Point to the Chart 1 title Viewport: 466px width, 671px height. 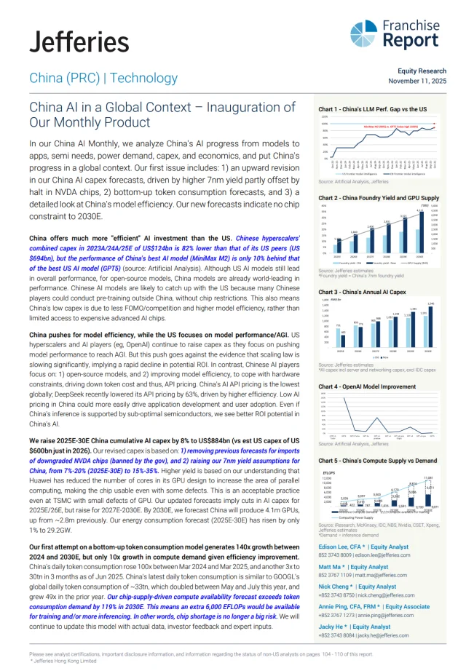coord(373,109)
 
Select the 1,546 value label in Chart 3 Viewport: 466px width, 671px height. coord(430,303)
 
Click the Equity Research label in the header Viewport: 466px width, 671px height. coord(422,71)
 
